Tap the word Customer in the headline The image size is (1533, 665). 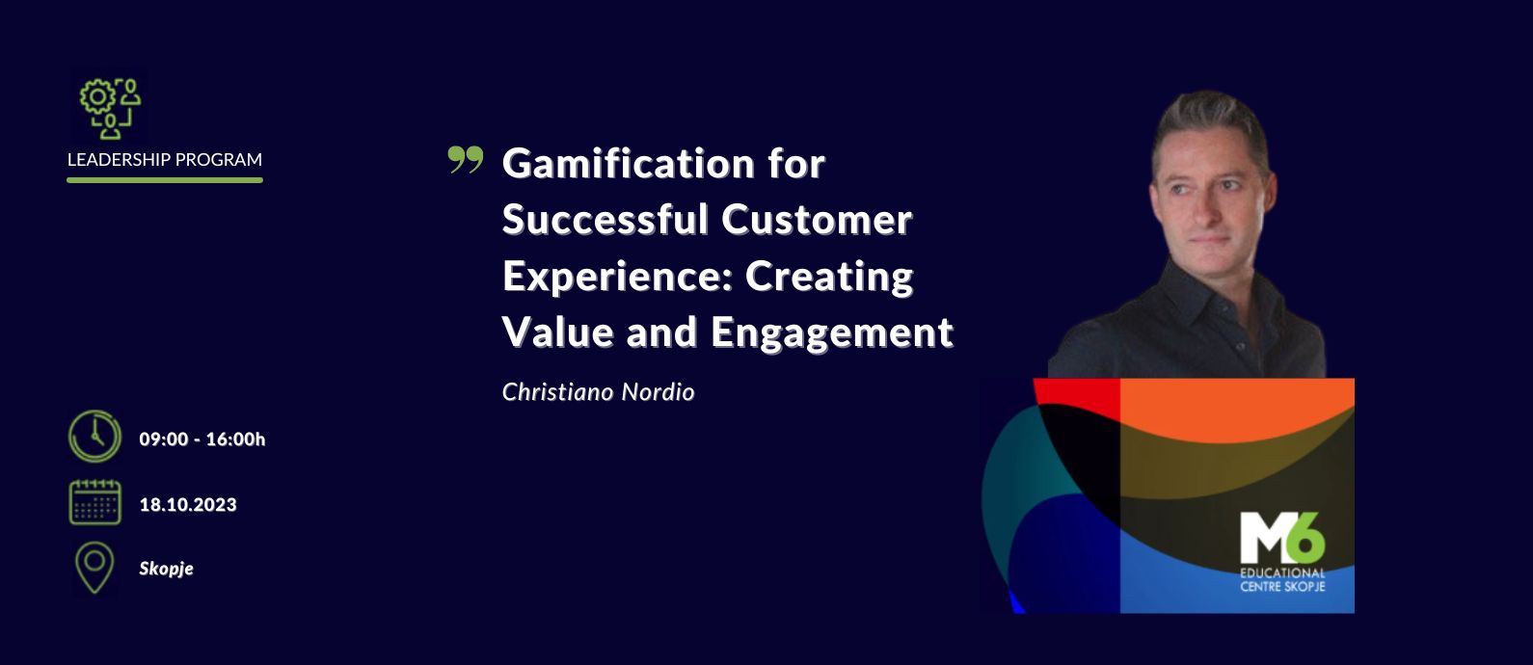[x=817, y=220]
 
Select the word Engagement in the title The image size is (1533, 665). [x=831, y=333]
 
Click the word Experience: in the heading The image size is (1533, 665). [x=618, y=278]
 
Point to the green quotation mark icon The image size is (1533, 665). [x=466, y=159]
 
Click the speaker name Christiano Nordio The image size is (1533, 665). [x=598, y=392]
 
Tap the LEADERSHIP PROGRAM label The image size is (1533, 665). [x=164, y=159]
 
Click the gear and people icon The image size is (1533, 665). [x=110, y=108]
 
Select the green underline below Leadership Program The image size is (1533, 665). [x=164, y=180]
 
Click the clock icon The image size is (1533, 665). [x=94, y=436]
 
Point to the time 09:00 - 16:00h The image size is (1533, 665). [x=202, y=439]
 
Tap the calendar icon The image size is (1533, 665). [x=95, y=502]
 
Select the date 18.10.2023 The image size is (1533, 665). [x=187, y=505]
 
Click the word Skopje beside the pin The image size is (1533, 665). [x=166, y=569]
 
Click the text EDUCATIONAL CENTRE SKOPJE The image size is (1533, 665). [x=1282, y=579]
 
